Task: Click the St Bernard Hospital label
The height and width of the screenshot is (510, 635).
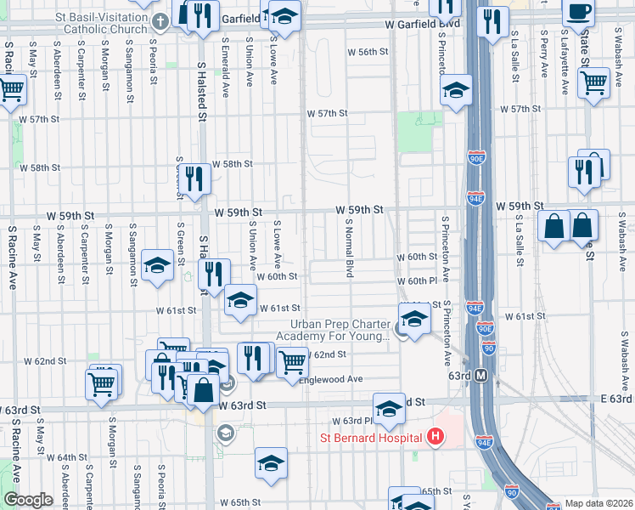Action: click(x=370, y=438)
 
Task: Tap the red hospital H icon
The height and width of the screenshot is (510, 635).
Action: click(x=436, y=437)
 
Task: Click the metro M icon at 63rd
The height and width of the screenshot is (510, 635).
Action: click(x=481, y=375)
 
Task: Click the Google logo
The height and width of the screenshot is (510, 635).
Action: click(x=28, y=500)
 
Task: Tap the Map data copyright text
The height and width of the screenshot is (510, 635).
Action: click(x=598, y=503)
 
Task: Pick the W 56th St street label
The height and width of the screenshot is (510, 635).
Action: click(x=368, y=52)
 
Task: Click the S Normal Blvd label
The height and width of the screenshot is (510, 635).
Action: click(x=349, y=247)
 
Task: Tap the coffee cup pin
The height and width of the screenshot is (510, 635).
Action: click(x=579, y=14)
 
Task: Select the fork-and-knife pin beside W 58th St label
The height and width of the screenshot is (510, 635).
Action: click(x=196, y=178)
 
